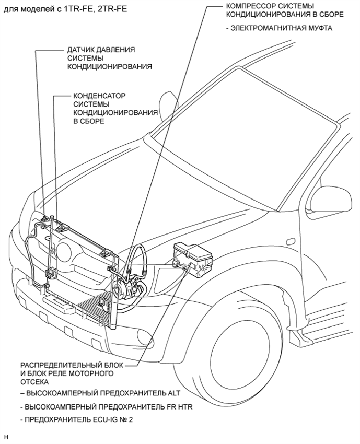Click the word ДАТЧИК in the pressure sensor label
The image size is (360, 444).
pyautogui.click(x=80, y=50)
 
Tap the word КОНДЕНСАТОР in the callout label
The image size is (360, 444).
pyautogui.click(x=99, y=96)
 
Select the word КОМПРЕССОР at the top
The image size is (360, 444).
pyautogui.click(x=250, y=6)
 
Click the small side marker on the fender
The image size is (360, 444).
pyautogui.click(x=291, y=241)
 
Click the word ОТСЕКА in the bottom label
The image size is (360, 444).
pyautogui.click(x=34, y=382)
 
